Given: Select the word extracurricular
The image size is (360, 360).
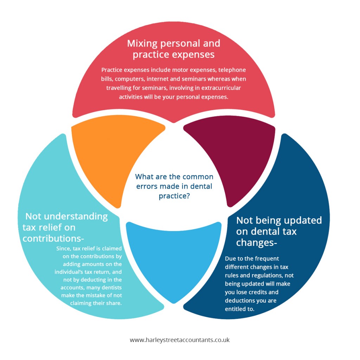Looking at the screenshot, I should pos(221,88).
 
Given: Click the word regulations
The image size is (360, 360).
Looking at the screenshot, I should pos(261,275).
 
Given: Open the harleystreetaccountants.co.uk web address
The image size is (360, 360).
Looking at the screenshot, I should pos(180,340).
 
